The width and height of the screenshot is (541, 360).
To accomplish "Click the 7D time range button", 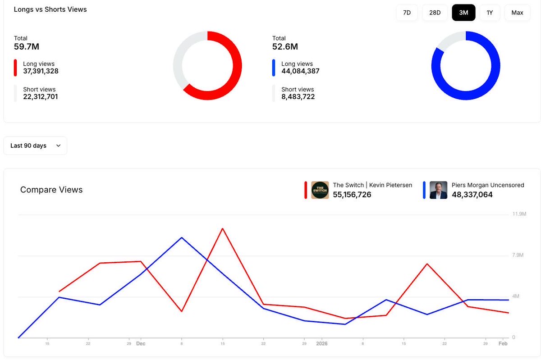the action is click(x=407, y=13).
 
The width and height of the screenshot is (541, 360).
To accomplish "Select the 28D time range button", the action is click(x=435, y=13).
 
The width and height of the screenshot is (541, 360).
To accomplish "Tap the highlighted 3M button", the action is click(x=463, y=13).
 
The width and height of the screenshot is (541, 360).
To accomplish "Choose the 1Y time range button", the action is click(x=490, y=13).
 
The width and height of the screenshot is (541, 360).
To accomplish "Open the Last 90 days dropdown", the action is click(x=35, y=146).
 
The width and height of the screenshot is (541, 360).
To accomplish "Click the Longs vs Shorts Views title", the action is click(x=50, y=9).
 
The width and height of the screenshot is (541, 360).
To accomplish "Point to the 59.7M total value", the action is click(x=27, y=46).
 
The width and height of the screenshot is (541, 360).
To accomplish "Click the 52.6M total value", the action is click(x=285, y=46).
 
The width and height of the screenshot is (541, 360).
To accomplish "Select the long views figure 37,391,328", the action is click(x=41, y=71).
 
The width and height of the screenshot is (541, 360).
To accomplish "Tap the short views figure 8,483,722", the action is click(x=298, y=97).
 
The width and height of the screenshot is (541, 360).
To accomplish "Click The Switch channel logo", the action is click(x=320, y=190).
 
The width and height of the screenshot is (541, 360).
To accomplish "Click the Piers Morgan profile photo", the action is click(x=438, y=190).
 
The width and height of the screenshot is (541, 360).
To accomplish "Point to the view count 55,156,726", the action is click(x=352, y=195).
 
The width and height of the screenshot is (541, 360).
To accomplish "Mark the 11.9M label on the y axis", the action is click(x=519, y=214).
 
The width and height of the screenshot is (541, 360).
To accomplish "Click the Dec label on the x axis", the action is click(x=141, y=344).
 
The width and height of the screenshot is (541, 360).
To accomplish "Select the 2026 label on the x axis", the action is click(x=322, y=344).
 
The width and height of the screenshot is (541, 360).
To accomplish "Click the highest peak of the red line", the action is click(x=222, y=228).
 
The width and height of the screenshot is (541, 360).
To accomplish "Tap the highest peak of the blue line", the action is click(x=182, y=237).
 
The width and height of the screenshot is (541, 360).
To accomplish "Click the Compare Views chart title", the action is click(x=51, y=190).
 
